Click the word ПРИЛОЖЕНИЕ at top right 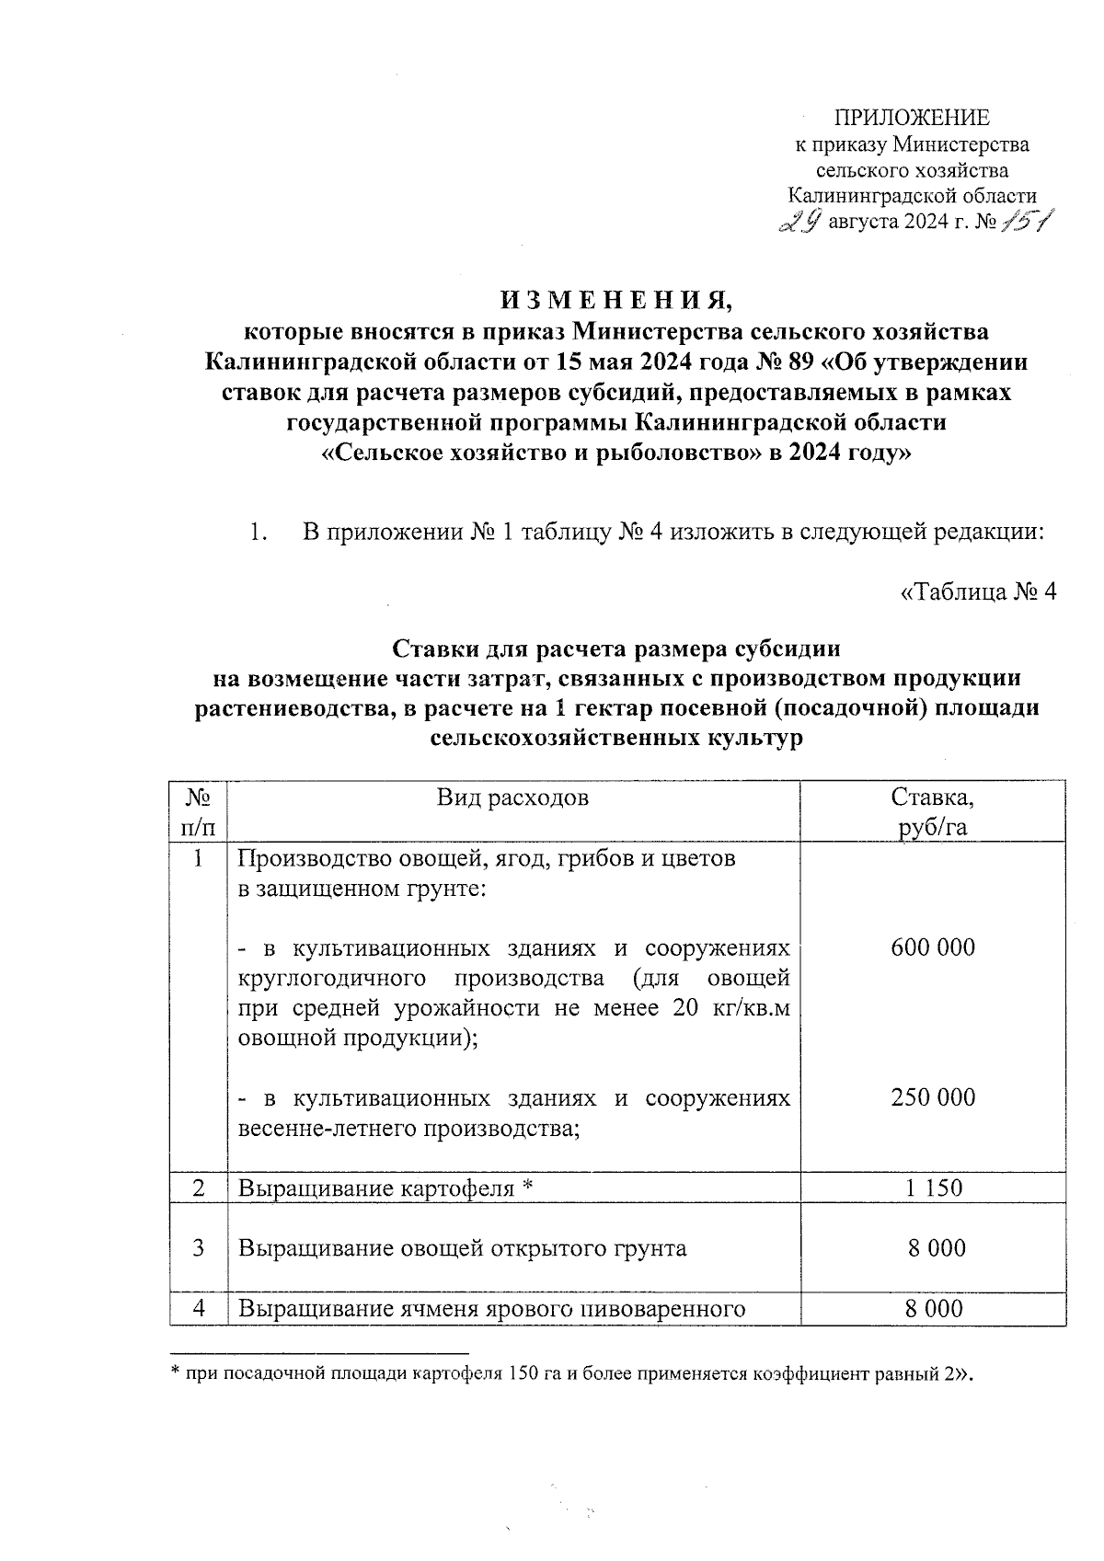coord(911,118)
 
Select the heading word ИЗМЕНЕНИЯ coord(615,301)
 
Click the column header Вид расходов coord(512,797)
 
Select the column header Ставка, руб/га coord(932,811)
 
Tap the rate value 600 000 coord(933,947)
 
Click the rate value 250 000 coord(933,1097)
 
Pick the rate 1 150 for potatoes coord(933,1188)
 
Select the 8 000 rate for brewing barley coord(933,1309)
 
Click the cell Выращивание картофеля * coord(386,1188)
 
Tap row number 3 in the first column coord(199,1248)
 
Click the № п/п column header coord(199,811)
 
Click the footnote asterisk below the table coord(175,1374)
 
